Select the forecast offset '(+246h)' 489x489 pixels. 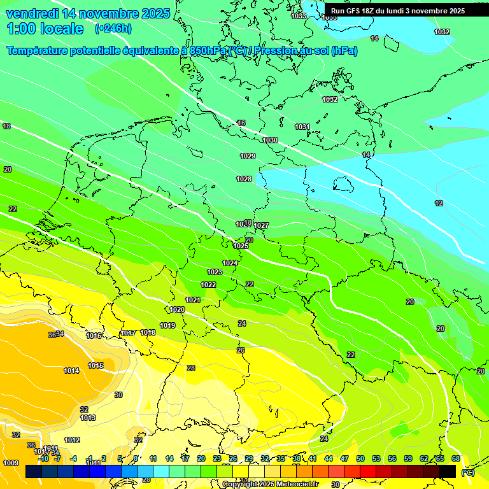(113, 29)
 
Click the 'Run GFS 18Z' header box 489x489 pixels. (398, 10)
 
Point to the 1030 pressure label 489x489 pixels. (270, 140)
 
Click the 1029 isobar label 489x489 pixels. (248, 157)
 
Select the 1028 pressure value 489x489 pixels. (244, 180)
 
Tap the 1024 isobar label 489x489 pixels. (230, 263)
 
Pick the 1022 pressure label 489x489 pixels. (208, 285)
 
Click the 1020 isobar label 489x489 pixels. (177, 310)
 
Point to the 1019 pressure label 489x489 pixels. (167, 325)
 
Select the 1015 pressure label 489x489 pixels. (96, 365)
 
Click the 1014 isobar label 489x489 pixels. (71, 371)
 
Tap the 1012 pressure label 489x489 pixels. (72, 440)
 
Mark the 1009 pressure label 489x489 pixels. (10, 463)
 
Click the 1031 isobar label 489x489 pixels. (302, 127)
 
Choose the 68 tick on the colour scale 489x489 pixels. (456, 458)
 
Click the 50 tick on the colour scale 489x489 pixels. (360, 458)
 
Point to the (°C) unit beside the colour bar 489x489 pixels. (468, 472)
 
